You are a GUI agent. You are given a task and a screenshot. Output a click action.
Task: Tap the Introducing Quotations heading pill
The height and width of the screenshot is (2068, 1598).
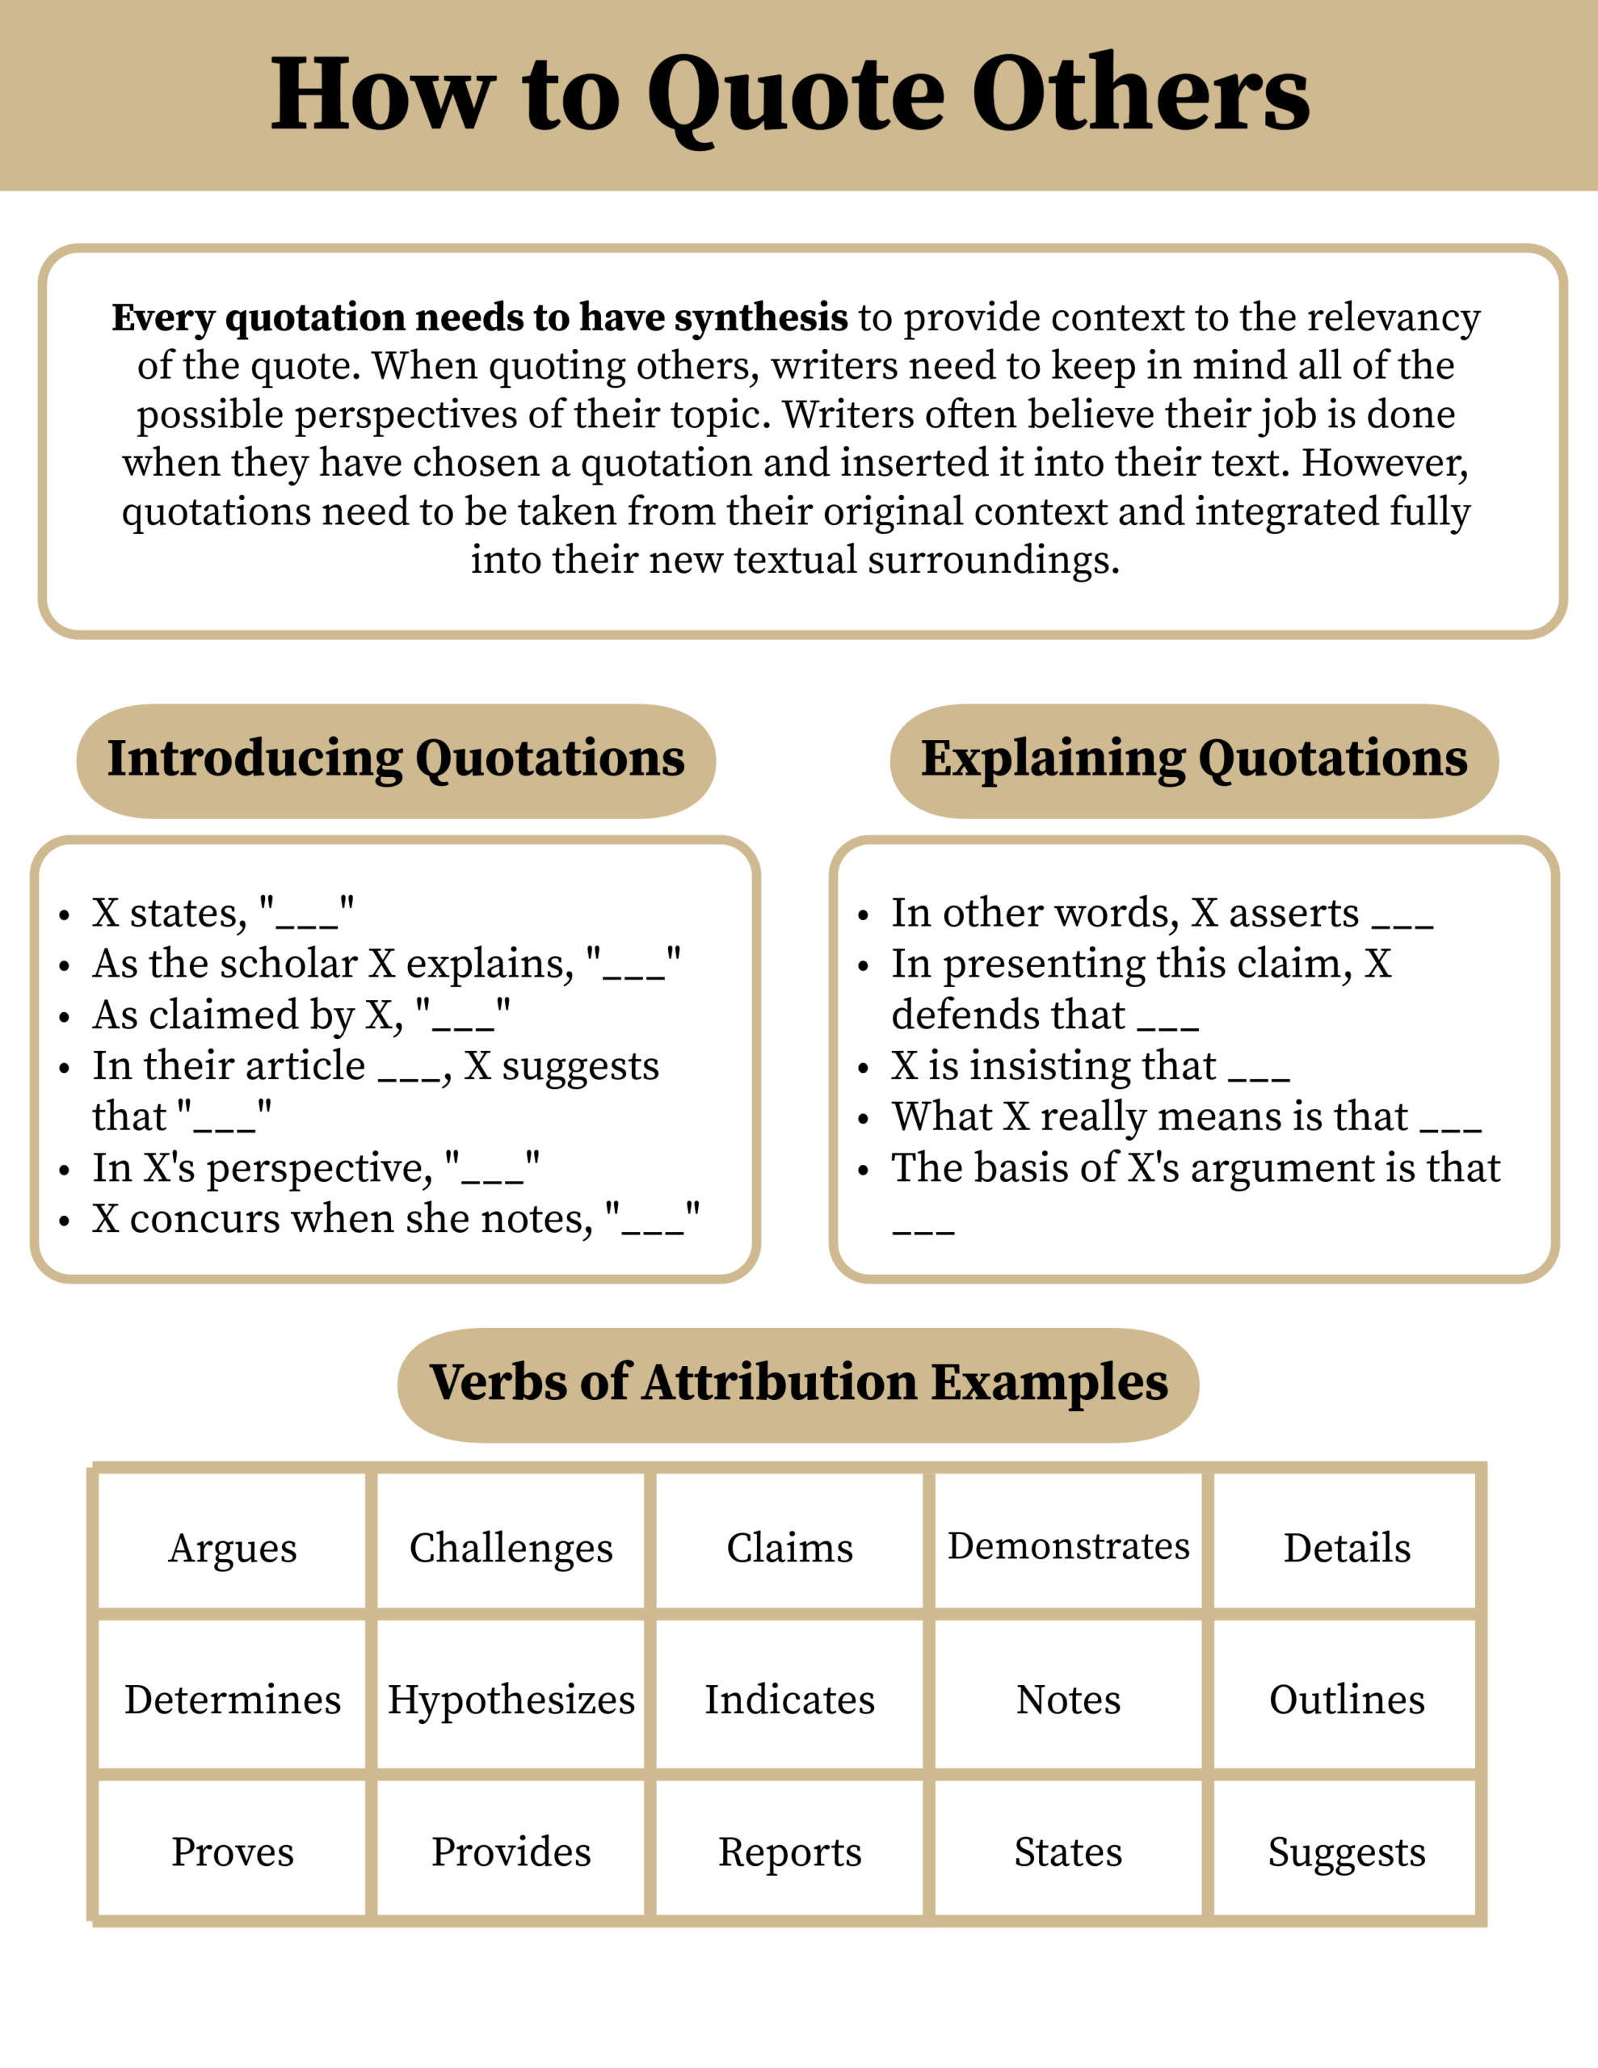pos(396,760)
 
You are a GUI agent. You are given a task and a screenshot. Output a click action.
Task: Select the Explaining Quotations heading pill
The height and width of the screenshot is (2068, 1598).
pos(1193,760)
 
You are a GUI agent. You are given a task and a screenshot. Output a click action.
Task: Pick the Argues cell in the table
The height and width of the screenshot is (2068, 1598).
pos(232,1548)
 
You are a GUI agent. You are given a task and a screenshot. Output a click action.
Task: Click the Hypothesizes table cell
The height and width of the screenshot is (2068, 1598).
pos(511,1700)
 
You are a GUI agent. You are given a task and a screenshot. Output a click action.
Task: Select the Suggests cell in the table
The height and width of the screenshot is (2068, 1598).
pos(1346,1852)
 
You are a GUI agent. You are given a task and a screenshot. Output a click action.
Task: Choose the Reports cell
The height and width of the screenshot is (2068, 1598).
pos(789,1852)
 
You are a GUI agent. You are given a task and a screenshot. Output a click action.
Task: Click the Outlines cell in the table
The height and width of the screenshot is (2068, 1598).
pos(1346,1700)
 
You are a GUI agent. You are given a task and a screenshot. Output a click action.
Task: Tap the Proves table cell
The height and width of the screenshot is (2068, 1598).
pos(232,1852)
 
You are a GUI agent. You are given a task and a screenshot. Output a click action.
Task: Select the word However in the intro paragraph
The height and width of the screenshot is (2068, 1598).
pos(1384,463)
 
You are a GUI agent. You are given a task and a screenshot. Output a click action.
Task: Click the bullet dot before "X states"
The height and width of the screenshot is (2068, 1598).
pos(65,915)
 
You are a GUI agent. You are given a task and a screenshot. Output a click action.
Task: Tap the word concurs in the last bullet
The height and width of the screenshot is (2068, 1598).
pos(204,1220)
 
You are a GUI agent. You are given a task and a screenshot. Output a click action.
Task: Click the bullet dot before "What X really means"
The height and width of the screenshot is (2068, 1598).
pos(863,1119)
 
